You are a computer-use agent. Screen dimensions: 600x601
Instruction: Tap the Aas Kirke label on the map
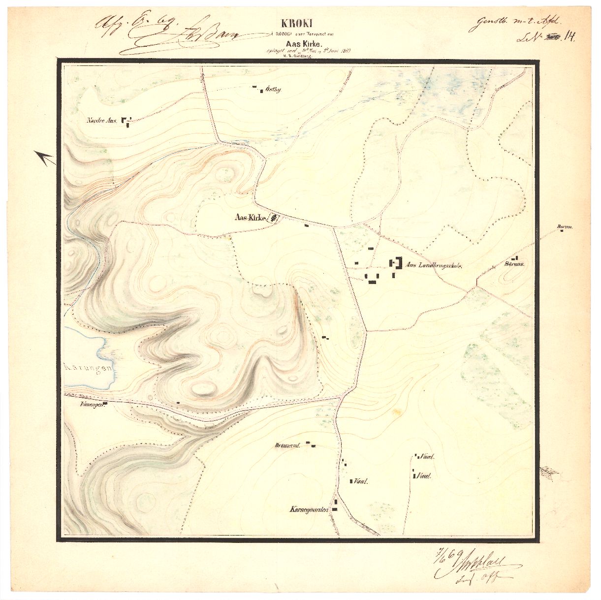pyautogui.click(x=251, y=218)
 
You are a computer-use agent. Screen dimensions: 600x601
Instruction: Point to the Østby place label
pyautogui.click(x=273, y=90)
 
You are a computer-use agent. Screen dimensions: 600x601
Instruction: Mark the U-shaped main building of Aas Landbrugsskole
pyautogui.click(x=396, y=263)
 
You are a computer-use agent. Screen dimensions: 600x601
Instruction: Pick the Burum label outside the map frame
pyautogui.click(x=563, y=227)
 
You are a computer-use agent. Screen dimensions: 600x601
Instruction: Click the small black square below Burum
pyautogui.click(x=562, y=232)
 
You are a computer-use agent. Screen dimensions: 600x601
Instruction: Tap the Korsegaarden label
pyautogui.click(x=309, y=510)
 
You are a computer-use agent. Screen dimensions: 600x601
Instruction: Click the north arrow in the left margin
pyautogui.click(x=45, y=158)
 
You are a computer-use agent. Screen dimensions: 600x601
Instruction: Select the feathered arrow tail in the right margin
pyautogui.click(x=549, y=473)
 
